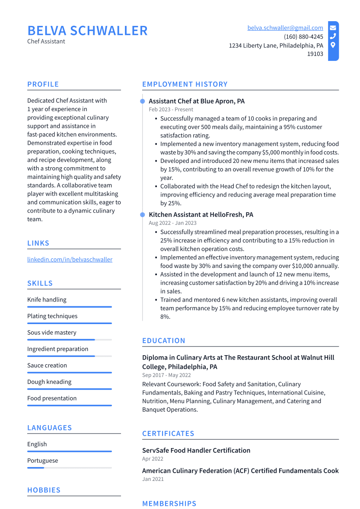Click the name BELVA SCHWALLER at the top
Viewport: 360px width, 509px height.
coord(87,31)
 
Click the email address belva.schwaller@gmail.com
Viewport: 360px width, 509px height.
coord(285,28)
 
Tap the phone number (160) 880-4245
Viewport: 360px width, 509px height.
coord(303,37)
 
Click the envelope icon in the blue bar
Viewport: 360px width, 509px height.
coord(333,28)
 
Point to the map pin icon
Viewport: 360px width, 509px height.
coord(333,45)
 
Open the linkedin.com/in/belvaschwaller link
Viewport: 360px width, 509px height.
coord(70,260)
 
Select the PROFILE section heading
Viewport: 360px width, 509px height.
coord(43,84)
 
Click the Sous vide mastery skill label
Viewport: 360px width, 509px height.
coord(51,333)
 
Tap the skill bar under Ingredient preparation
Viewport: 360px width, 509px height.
coord(69,356)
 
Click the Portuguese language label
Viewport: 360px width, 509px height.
coord(42,461)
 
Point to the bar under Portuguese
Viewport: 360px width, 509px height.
coord(69,468)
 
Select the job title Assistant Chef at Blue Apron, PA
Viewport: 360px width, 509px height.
coord(197,101)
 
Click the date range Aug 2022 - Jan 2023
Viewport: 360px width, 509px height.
coord(172,223)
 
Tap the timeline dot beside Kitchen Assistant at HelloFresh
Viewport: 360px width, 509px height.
coord(143,215)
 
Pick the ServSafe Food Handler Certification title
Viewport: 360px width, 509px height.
coord(196,450)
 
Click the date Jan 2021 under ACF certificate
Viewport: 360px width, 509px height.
coord(153,479)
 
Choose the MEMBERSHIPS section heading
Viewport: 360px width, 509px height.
coord(169,503)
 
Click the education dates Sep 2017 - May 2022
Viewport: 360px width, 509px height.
coord(166,375)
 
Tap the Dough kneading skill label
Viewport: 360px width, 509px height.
coord(49,382)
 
